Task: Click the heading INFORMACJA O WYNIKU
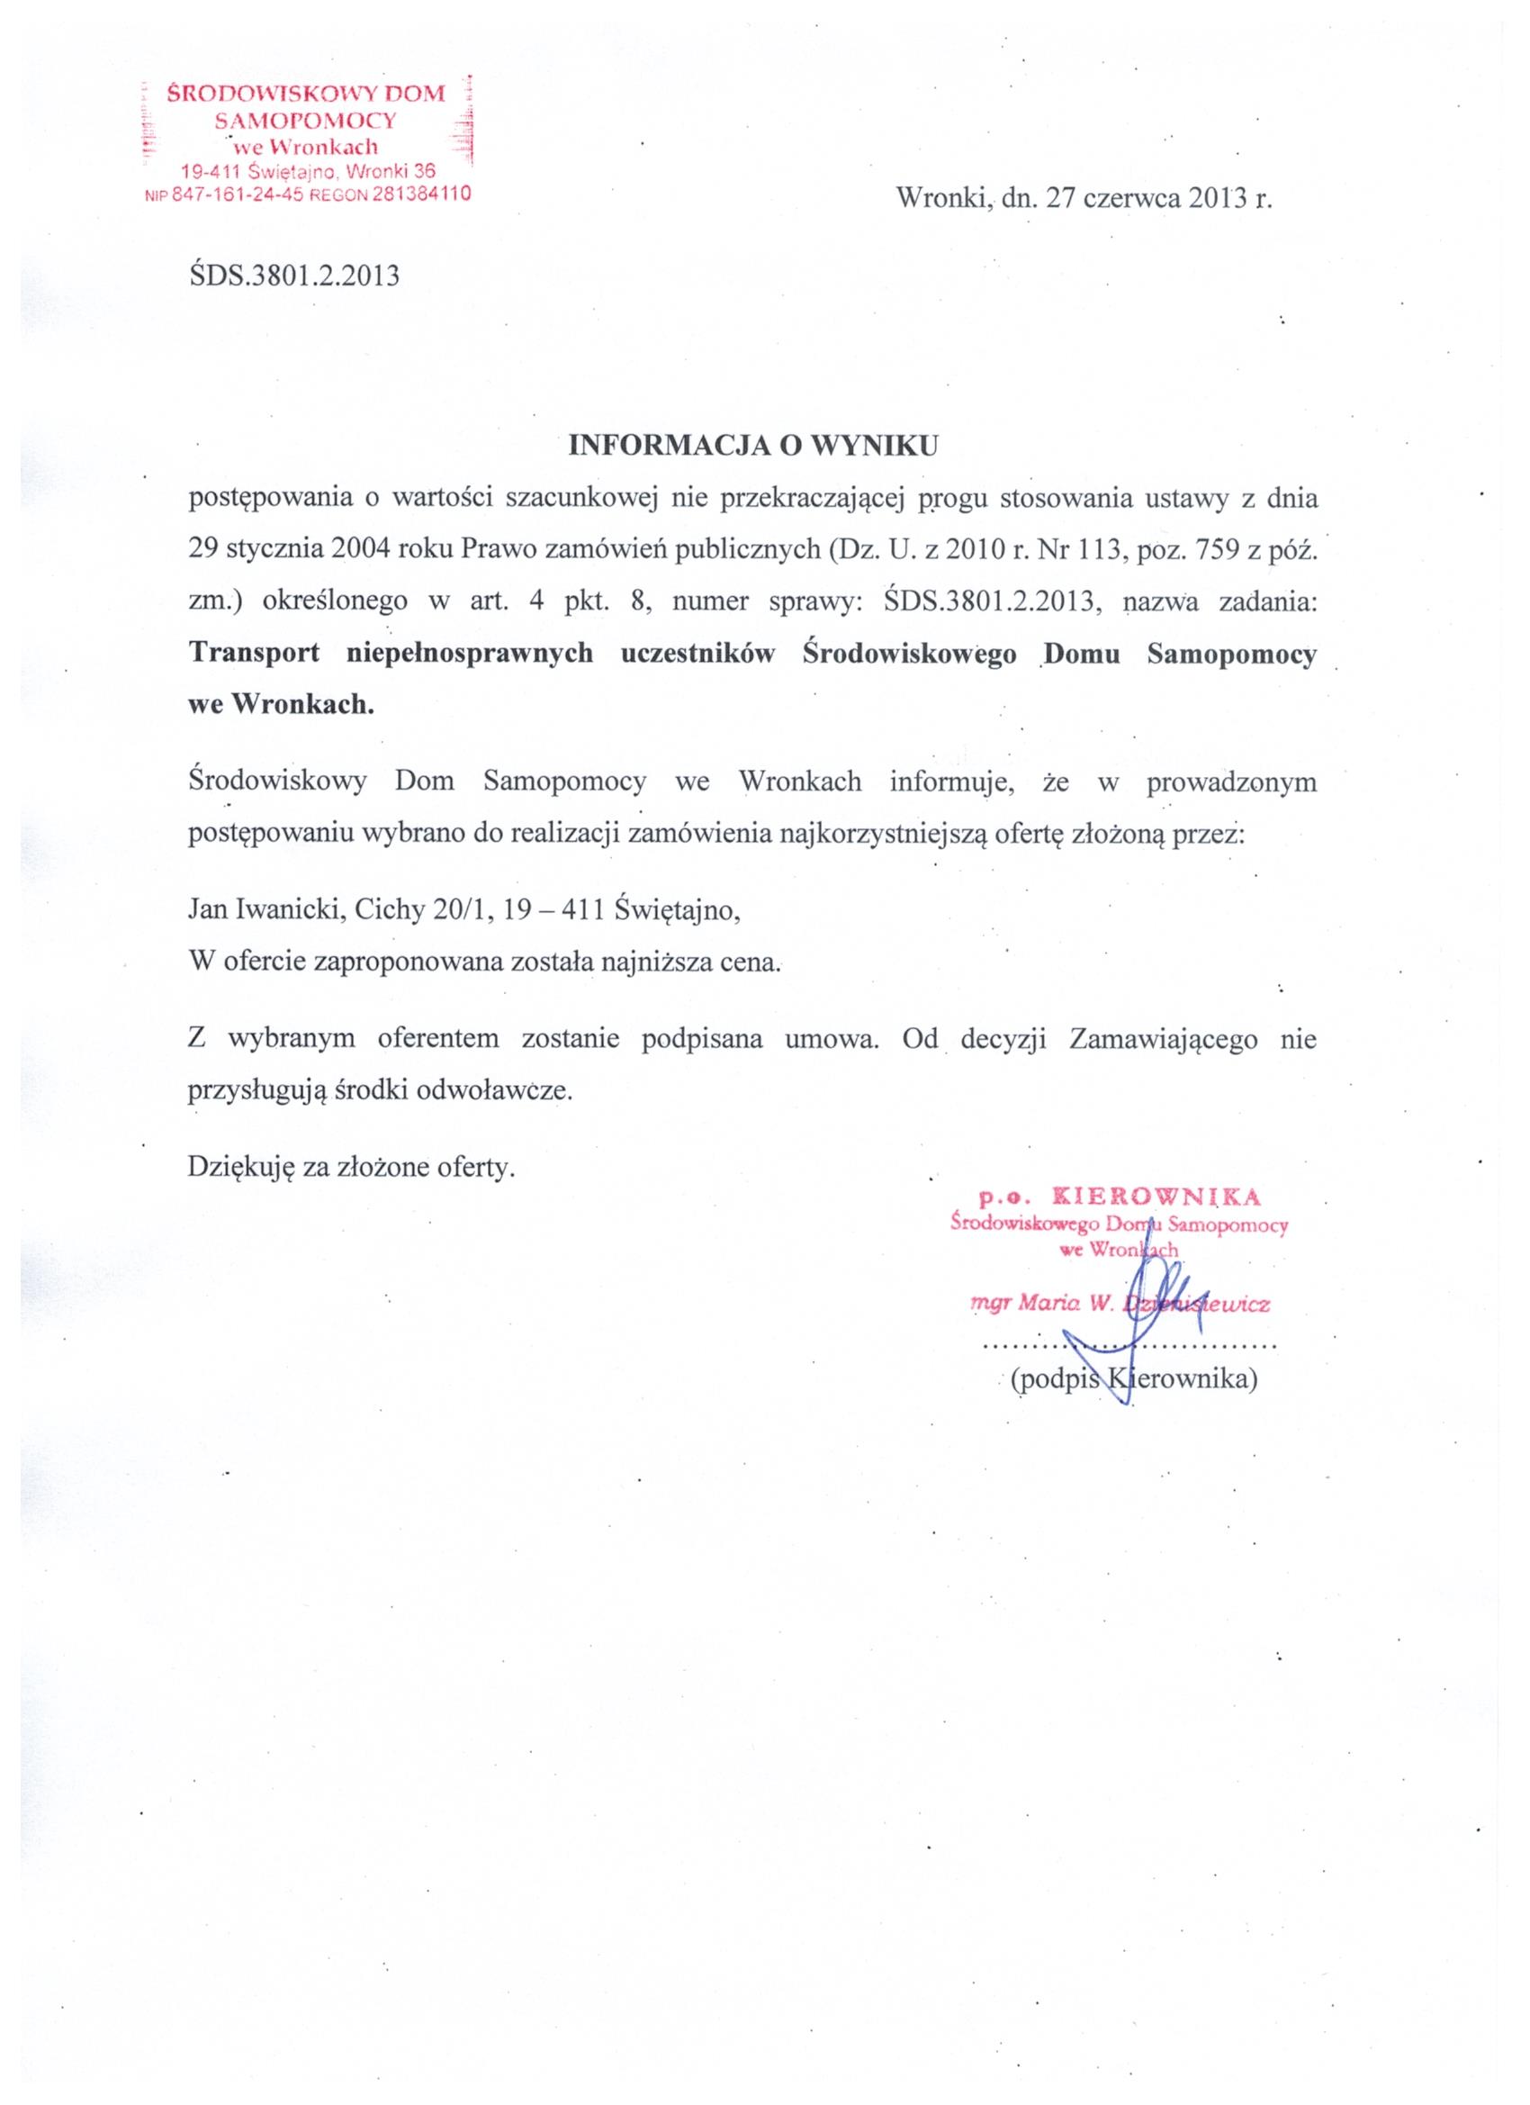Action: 752,446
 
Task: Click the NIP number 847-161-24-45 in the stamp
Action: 238,194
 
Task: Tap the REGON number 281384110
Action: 421,194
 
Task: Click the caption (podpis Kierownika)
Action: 1132,1380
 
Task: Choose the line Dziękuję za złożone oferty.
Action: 351,1166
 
